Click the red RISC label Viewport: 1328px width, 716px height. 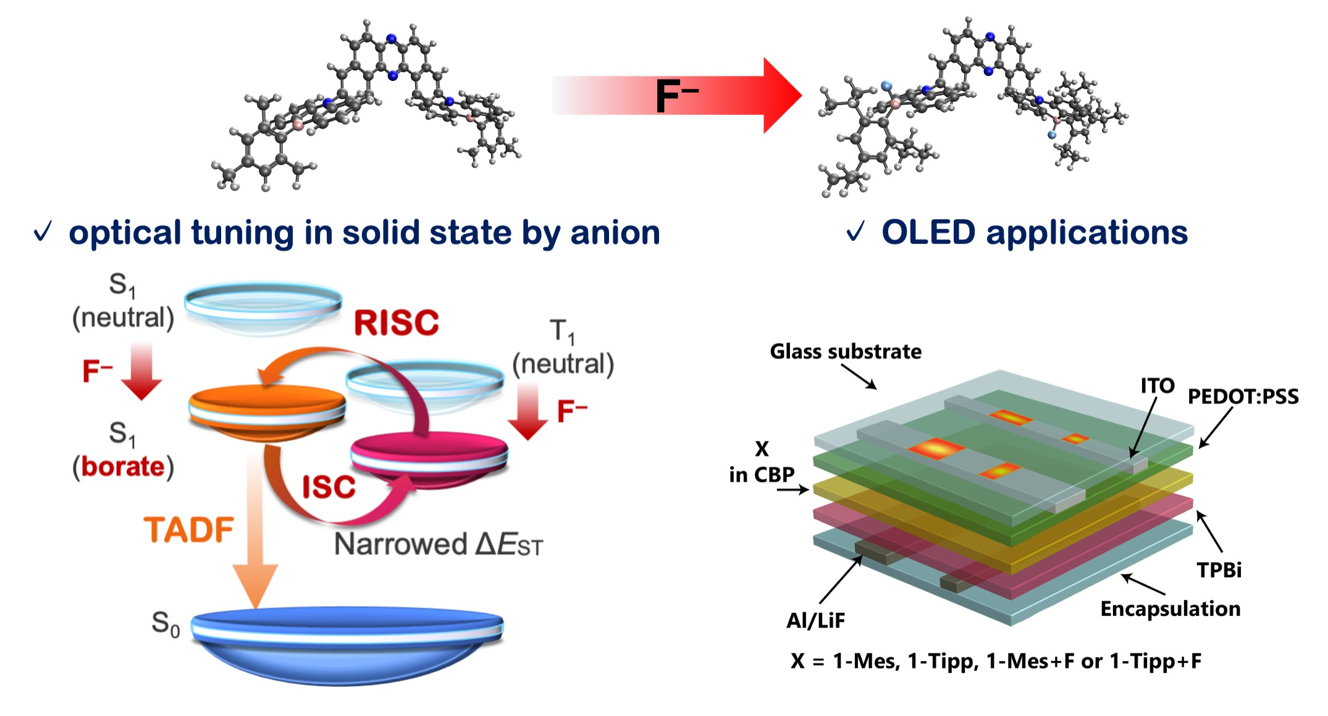click(396, 323)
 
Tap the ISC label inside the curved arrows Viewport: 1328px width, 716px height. click(329, 487)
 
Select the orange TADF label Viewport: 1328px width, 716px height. click(189, 530)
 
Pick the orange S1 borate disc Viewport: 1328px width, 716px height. click(267, 411)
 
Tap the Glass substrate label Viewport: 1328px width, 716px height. click(845, 352)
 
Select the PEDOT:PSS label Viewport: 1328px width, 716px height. click(1243, 396)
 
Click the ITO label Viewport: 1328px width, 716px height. click(1157, 385)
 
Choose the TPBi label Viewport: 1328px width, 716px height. click(1219, 570)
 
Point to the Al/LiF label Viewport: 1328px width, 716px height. click(815, 620)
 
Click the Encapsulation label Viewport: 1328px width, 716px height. click(1170, 609)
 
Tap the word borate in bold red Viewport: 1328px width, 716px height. click(123, 466)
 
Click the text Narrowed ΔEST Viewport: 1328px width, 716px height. click(438, 544)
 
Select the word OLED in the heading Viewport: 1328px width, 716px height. click(928, 233)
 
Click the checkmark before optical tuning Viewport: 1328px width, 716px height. click(43, 232)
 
